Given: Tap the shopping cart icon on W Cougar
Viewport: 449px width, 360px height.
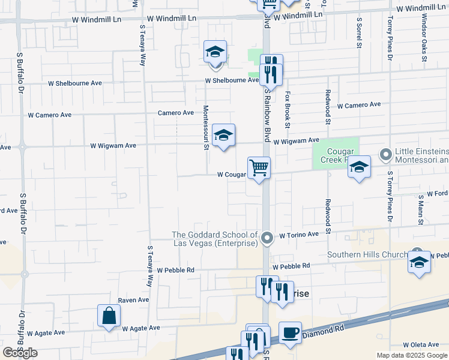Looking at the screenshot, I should [x=259, y=168].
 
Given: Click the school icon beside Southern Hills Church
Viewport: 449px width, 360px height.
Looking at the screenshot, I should [x=419, y=262].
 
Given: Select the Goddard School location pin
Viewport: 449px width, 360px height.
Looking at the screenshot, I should [x=268, y=239].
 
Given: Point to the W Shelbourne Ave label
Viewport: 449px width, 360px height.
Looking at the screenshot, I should [x=232, y=80].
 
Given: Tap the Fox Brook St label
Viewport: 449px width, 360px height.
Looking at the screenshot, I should [x=288, y=109].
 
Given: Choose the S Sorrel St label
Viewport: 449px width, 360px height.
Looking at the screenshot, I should [x=360, y=32].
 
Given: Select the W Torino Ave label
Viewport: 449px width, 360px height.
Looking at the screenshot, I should [x=298, y=235].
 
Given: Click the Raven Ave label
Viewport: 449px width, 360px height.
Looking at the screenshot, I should [x=133, y=300].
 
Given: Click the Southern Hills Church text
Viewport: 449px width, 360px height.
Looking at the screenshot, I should [x=367, y=255].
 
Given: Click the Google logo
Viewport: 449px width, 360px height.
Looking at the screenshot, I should [x=20, y=353].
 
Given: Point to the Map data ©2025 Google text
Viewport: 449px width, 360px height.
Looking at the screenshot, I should [x=412, y=355].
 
